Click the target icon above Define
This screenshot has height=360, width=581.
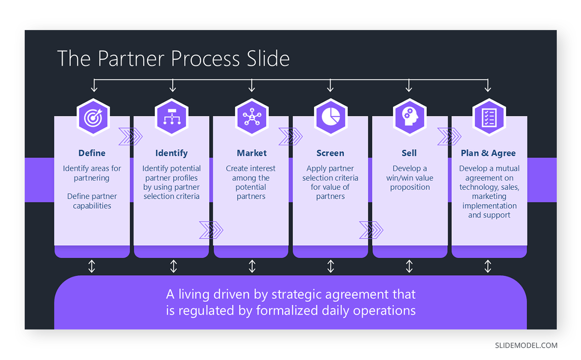coord(93,117)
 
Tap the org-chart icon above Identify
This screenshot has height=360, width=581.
coord(171,117)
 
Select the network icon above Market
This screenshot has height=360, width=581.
coord(251,117)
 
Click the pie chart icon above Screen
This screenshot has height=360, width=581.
coord(330,117)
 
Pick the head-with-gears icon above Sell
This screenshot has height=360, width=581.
coord(409,117)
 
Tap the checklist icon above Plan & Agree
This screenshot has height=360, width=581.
coord(489,117)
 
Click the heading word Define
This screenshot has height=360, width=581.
coord(92,153)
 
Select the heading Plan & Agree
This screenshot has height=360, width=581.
coord(488,153)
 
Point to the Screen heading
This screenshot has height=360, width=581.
coord(330,153)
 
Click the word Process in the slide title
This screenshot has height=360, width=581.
coord(205,59)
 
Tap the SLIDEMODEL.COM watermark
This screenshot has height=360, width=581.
coord(526,345)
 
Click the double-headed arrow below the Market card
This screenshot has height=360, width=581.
coord(252,266)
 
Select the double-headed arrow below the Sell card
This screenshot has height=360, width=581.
coord(409,266)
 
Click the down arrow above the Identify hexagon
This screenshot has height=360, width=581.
coord(173,86)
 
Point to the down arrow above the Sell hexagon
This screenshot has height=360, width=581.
coord(409,86)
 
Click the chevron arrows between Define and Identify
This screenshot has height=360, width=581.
coord(131,137)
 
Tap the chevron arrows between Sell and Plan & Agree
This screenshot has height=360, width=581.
coord(449,137)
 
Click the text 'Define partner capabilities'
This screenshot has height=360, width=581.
coord(92,201)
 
